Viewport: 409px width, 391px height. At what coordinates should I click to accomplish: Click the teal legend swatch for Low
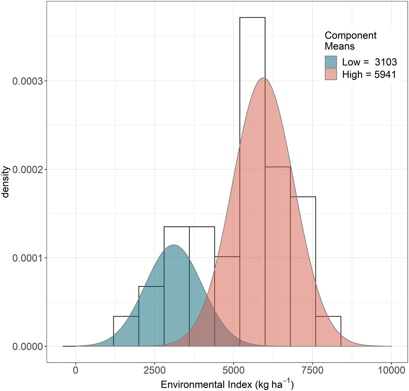(331, 62)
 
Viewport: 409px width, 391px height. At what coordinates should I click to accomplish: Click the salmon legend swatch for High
(331, 74)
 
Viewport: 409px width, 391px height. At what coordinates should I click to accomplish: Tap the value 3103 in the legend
(386, 62)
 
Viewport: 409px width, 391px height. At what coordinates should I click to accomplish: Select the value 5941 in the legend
(385, 74)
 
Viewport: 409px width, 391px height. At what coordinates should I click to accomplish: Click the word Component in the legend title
(350, 35)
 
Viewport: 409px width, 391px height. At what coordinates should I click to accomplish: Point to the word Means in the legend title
(339, 46)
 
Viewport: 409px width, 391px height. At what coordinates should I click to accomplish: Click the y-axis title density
(6, 182)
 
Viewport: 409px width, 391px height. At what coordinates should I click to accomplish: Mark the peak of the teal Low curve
(173, 245)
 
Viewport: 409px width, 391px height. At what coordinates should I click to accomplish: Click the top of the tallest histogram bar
(252, 18)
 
